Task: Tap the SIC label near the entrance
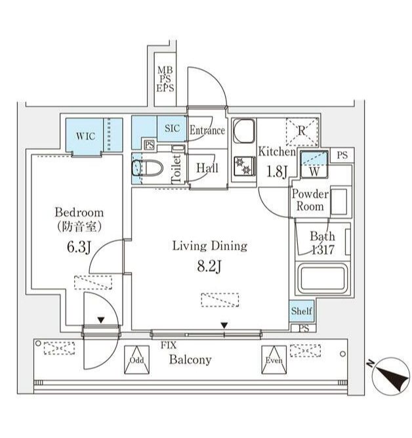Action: [173, 129]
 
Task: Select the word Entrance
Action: [207, 130]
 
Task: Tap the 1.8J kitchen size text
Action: [277, 172]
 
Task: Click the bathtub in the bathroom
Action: [323, 279]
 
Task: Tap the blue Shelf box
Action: [302, 312]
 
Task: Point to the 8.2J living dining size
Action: [209, 267]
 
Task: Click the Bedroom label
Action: [79, 213]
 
